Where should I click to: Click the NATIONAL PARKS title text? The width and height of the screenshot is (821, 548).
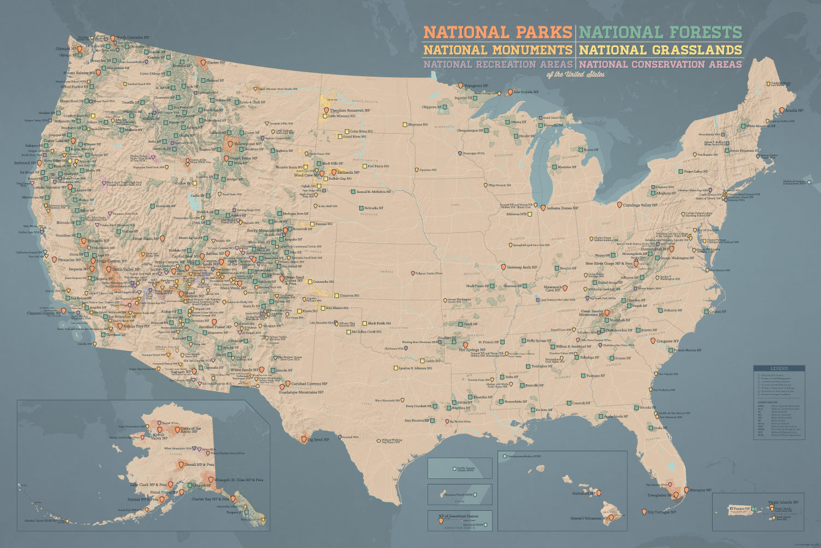pyautogui.click(x=498, y=32)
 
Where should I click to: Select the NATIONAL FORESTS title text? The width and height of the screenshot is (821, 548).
pyautogui.click(x=661, y=32)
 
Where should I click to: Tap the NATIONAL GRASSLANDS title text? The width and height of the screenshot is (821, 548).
pyautogui.click(x=661, y=50)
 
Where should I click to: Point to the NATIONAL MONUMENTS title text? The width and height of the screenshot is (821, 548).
pyautogui.click(x=498, y=50)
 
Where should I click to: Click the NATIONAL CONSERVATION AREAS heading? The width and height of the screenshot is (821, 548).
pyautogui.click(x=661, y=64)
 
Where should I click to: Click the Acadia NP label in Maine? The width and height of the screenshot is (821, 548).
pyautogui.click(x=794, y=111)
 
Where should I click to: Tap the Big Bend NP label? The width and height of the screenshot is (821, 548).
pyautogui.click(x=318, y=439)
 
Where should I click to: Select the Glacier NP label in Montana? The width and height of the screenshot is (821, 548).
pyautogui.click(x=216, y=62)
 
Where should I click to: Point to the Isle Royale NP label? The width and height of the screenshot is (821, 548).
pyautogui.click(x=526, y=92)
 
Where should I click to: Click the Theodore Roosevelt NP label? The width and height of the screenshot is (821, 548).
pyautogui.click(x=350, y=110)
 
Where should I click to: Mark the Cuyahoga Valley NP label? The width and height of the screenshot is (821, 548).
pyautogui.click(x=640, y=205)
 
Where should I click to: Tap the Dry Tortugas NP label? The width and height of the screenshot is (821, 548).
pyautogui.click(x=662, y=512)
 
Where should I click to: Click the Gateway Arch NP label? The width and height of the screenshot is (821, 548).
pyautogui.click(x=522, y=267)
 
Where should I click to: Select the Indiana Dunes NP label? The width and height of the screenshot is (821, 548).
pyautogui.click(x=562, y=208)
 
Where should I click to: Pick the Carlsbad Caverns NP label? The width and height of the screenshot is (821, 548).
pyautogui.click(x=309, y=384)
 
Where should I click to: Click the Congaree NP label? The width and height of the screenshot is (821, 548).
pyautogui.click(x=668, y=341)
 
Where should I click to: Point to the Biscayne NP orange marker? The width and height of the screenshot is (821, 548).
pyautogui.click(x=686, y=490)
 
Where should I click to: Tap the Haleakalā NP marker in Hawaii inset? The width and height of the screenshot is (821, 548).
pyautogui.click(x=599, y=493)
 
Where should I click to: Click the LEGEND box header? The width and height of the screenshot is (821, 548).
pyautogui.click(x=779, y=368)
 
